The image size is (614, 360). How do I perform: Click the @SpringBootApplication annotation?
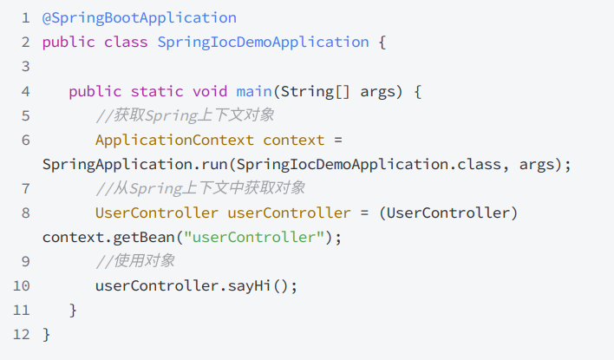(139, 17)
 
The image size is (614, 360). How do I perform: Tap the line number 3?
(25, 67)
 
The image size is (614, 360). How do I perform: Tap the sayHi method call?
(251, 285)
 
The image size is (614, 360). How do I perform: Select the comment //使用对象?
(135, 261)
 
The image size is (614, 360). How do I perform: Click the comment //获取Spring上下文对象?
(185, 115)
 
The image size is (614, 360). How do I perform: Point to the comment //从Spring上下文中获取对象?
(200, 188)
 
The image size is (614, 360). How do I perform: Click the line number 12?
(22, 334)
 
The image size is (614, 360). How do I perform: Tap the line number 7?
(25, 188)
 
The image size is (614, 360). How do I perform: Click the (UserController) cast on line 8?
(449, 213)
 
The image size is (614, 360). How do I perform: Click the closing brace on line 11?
(74, 310)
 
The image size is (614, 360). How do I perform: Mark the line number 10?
(22, 285)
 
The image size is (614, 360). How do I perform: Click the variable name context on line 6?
(294, 140)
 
